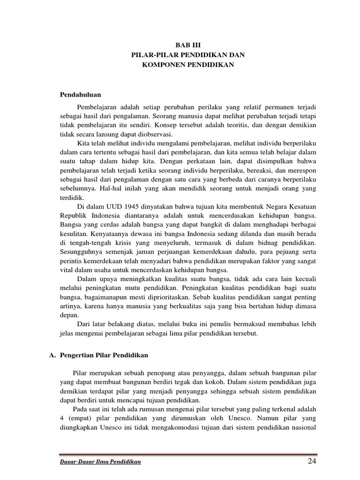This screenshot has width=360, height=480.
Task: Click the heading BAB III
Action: pyautogui.click(x=187, y=45)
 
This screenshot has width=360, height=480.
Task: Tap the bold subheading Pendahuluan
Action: pyautogui.click(x=81, y=94)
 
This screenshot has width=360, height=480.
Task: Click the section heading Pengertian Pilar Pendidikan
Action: pyautogui.click(x=104, y=355)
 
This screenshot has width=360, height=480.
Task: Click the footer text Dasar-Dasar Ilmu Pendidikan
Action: pyautogui.click(x=100, y=463)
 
